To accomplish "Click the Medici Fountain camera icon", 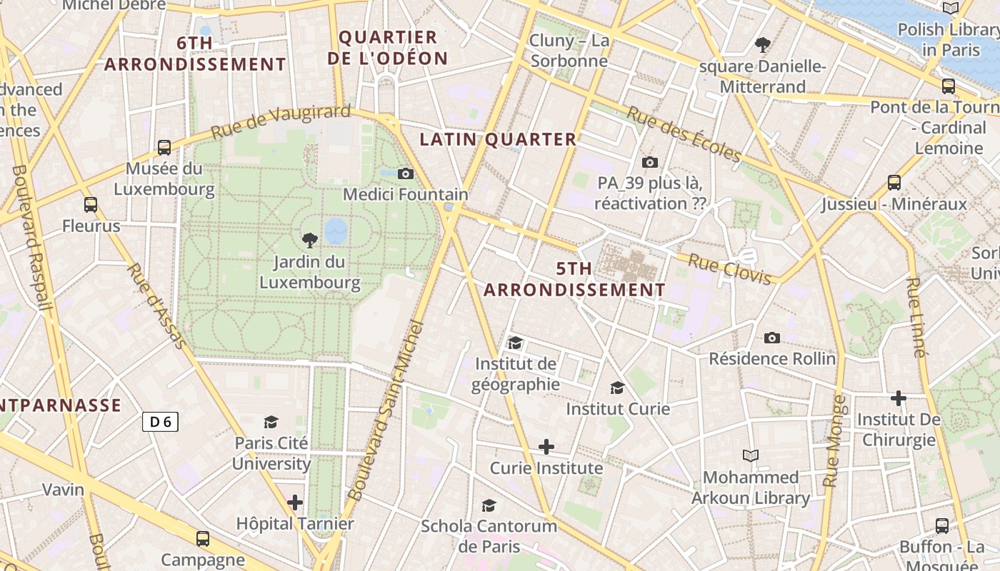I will (x=405, y=173).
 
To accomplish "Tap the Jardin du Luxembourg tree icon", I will (x=309, y=240).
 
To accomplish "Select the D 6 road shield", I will (x=160, y=422).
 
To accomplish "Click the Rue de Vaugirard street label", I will (x=281, y=122).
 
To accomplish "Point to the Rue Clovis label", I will (x=729, y=269).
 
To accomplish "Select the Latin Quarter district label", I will (x=498, y=139).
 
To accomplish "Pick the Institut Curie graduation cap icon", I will (x=617, y=388).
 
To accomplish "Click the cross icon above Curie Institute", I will (x=546, y=447).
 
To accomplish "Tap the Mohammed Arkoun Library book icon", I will (x=750, y=455).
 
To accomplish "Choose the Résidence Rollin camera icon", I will (x=771, y=338).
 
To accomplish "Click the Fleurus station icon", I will (x=91, y=205).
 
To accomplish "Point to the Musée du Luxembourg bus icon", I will (x=164, y=148).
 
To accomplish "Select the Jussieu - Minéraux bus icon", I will (x=894, y=182).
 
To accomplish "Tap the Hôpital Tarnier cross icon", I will (x=295, y=502).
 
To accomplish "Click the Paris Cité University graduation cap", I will (x=271, y=422).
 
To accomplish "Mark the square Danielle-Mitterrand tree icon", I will (x=762, y=45).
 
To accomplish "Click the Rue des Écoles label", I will (x=684, y=133).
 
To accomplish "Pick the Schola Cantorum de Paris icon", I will (x=489, y=505).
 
